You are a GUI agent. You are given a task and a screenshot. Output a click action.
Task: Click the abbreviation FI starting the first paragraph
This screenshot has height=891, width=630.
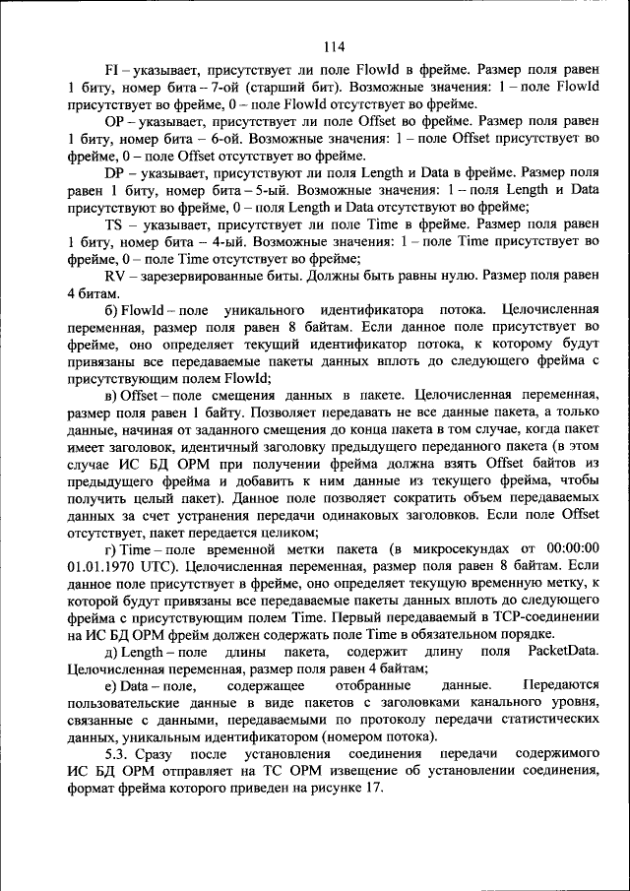pyautogui.click(x=110, y=72)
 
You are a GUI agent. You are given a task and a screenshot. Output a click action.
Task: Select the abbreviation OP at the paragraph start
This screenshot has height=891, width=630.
pyautogui.click(x=112, y=123)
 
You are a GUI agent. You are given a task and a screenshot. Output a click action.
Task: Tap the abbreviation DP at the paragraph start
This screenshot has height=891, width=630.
pyautogui.click(x=112, y=174)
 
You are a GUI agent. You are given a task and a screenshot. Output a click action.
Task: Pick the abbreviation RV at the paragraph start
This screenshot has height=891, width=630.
pyautogui.click(x=112, y=277)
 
